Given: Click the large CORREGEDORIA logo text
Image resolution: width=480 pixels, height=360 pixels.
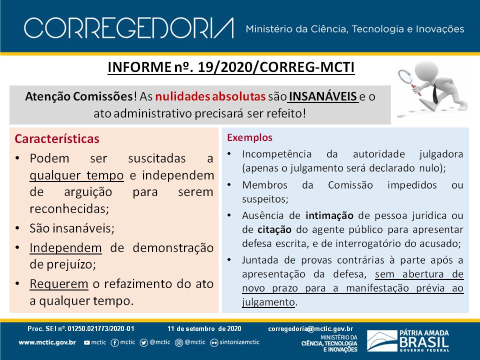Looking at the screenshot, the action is tap(129, 28).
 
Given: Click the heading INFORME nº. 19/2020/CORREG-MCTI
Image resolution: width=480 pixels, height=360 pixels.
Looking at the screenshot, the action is tap(231, 67).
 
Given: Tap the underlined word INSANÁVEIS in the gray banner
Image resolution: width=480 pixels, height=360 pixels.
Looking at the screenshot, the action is tap(323, 96).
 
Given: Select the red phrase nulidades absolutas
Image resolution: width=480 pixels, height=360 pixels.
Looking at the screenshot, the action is tap(210, 96).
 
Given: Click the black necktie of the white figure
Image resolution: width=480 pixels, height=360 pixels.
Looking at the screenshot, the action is tap(435, 93).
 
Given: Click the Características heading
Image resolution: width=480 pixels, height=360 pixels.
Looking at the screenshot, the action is tap(57, 138).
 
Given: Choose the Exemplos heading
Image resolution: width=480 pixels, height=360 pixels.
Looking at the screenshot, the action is tap(249, 137).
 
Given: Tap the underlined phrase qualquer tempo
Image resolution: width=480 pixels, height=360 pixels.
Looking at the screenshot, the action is tap(76, 175).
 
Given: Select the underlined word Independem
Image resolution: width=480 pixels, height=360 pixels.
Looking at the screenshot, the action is tap(65, 247).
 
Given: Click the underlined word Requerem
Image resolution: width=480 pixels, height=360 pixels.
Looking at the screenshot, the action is tap(59, 284).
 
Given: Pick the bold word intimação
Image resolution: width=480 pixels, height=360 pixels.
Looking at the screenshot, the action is tap(329, 215).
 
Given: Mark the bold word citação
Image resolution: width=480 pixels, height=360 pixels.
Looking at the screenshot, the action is tap(274, 229).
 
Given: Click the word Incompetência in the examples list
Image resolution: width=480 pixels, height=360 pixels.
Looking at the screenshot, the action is tap(276, 154).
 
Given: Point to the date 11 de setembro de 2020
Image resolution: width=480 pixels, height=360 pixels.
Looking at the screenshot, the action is tap(204, 329).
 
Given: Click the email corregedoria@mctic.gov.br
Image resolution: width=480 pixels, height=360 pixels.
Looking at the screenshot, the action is tap(310, 329).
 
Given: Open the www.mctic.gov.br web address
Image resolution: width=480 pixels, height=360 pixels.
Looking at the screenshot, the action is tap(47, 342).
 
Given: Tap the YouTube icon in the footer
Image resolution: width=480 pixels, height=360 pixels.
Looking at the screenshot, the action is tap(87, 342).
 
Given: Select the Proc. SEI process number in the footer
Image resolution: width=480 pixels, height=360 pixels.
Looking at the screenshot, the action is tap(81, 329).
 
